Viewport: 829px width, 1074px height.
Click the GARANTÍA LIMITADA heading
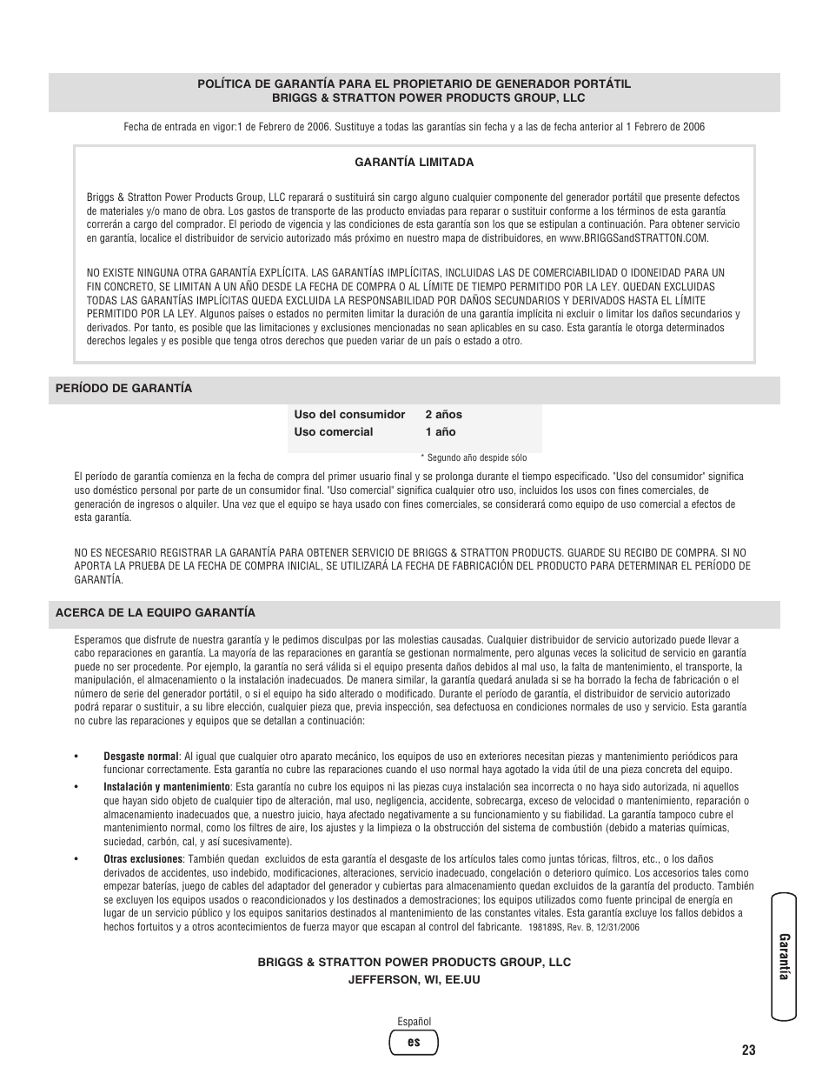[x=414, y=163]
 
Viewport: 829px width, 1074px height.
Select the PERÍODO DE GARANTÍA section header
[x=123, y=389]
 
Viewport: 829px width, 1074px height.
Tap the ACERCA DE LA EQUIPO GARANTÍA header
[x=155, y=613]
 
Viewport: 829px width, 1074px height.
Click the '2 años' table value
[x=443, y=415]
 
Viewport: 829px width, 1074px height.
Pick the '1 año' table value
[x=440, y=432]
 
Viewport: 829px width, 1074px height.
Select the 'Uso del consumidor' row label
[x=349, y=415]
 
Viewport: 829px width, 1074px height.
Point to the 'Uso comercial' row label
[x=333, y=432]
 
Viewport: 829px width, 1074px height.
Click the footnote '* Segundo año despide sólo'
[x=474, y=457]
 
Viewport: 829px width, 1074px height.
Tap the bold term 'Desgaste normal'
[x=141, y=757]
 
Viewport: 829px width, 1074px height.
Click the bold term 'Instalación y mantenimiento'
[x=167, y=787]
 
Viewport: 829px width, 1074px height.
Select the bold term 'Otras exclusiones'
[x=143, y=859]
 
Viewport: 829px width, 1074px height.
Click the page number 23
[x=749, y=1051]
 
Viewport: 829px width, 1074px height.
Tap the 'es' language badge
[x=414, y=1042]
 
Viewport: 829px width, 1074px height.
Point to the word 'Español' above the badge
[x=414, y=1022]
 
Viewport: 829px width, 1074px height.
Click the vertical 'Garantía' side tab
[x=783, y=957]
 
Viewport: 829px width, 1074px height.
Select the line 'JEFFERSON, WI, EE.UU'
[x=414, y=980]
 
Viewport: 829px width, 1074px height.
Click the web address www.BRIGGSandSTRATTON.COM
[x=633, y=238]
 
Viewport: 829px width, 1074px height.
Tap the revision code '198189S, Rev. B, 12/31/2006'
[x=583, y=927]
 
